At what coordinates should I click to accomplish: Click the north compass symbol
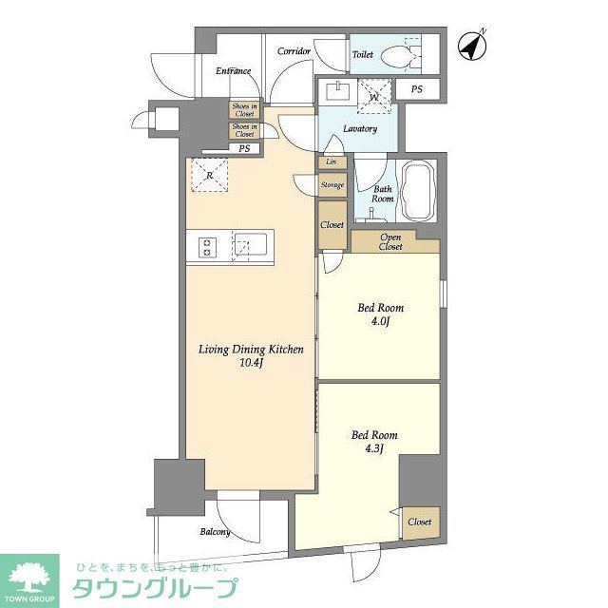(x=469, y=45)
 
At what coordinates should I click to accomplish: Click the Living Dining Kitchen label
(x=251, y=355)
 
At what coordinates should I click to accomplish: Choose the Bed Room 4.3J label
(x=374, y=443)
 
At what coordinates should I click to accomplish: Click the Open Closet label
(x=391, y=241)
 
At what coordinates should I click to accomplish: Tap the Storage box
(x=332, y=185)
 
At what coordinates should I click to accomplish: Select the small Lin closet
(x=331, y=162)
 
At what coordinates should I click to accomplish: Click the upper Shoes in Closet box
(x=244, y=109)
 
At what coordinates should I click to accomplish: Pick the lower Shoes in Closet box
(x=244, y=130)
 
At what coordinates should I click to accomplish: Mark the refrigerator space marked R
(x=209, y=174)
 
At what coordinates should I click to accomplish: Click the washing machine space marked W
(x=374, y=97)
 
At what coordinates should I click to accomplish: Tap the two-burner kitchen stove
(x=206, y=247)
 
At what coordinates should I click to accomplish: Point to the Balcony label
(x=215, y=531)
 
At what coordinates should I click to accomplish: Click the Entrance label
(x=233, y=70)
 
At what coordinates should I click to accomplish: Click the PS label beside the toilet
(x=417, y=89)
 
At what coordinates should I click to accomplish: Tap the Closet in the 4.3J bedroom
(x=419, y=522)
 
